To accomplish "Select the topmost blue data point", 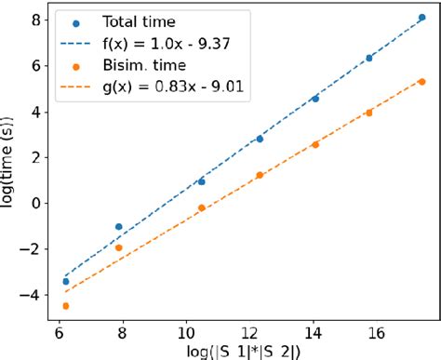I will coord(422,18).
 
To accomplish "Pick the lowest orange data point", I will coord(65,305).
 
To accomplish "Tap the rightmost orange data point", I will coord(422,82).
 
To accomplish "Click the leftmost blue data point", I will coord(65,281).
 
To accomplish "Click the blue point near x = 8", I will coord(118,226).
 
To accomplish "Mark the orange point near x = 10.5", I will coord(202,207).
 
